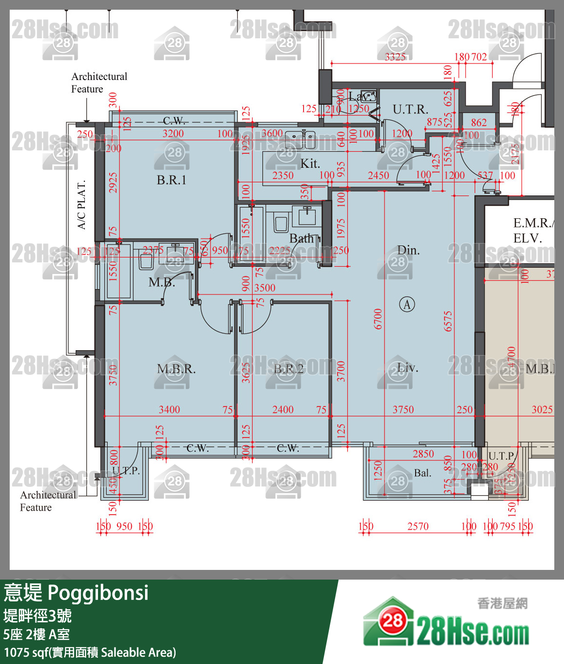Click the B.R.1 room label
[171, 180]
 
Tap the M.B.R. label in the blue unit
[176, 369]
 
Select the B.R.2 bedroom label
[289, 369]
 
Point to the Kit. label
[310, 163]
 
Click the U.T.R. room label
[410, 110]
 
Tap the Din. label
[408, 250]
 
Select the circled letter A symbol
[407, 305]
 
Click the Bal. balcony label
[422, 473]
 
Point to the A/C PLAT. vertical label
[81, 205]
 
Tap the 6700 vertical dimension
[378, 319]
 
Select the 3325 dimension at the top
[395, 57]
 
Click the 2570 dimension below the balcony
[418, 526]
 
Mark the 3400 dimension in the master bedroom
[169, 410]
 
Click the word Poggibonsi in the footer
[98, 593]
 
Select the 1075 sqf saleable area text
[90, 652]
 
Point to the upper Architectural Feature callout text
[99, 83]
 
